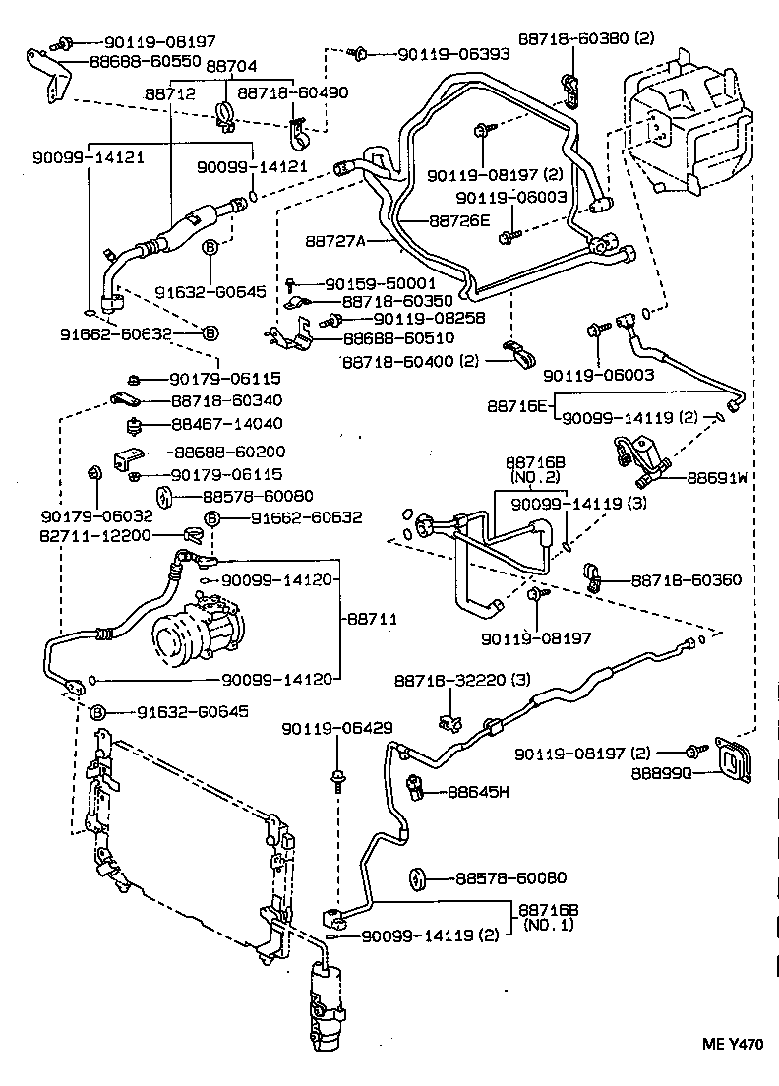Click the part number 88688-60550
(146, 60)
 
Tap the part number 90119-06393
(453, 54)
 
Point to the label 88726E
(459, 221)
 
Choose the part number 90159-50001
(381, 283)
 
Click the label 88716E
(516, 405)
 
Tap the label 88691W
(717, 478)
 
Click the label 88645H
(479, 791)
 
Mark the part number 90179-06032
(84, 514)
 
